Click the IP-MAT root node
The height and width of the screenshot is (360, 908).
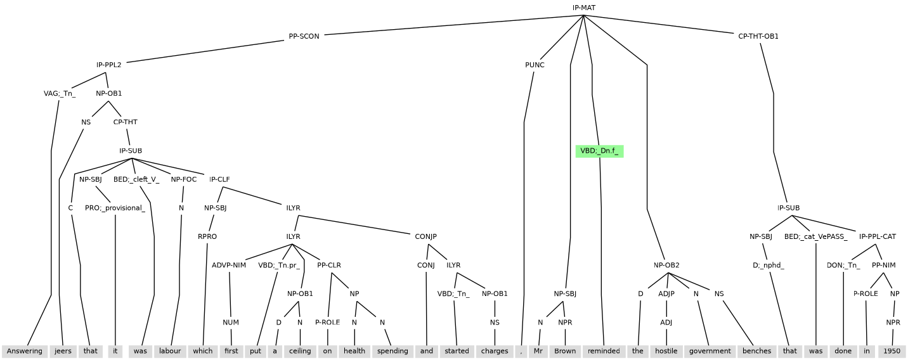pos(583,8)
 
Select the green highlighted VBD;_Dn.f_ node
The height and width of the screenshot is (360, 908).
pos(599,151)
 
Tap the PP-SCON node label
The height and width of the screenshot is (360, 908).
pos(304,36)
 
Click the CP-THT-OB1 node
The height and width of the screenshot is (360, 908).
pos(758,36)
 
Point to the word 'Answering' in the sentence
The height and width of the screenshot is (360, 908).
pos(25,351)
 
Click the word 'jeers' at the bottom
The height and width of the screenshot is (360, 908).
pos(63,351)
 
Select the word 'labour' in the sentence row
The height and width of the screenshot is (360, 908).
pos(171,351)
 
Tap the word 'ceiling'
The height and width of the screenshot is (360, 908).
pos(299,351)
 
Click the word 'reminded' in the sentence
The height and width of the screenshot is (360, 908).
pos(603,351)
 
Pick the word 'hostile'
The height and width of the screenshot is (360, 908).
pos(666,351)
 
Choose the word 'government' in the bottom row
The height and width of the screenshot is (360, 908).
pos(710,351)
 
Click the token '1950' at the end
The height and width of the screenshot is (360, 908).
pos(892,351)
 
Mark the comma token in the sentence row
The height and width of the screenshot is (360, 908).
pos(521,351)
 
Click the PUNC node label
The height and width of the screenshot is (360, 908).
pos(535,65)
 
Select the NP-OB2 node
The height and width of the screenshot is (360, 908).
pos(666,265)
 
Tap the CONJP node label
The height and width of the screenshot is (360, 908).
pos(425,236)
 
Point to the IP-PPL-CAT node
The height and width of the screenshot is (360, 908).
pos(877,236)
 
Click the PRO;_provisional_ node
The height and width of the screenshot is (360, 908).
pos(115,208)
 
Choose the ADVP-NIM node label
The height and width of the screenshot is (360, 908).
pos(228,265)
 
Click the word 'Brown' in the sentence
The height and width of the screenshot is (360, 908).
pos(564,351)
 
